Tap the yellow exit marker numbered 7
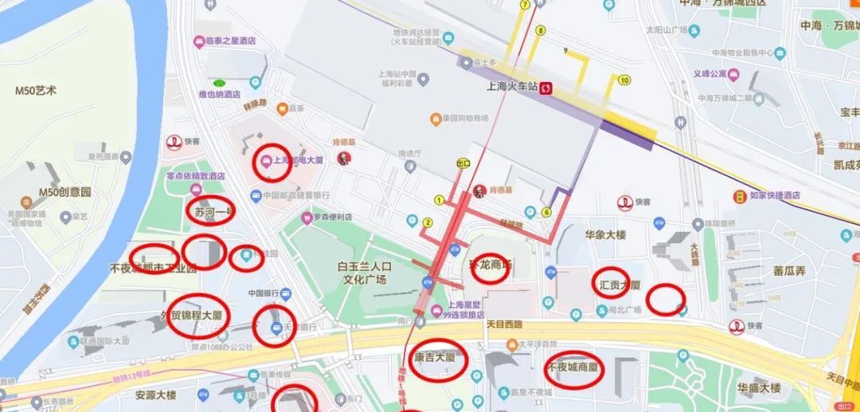click(x=525, y=5)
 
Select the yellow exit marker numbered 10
click(x=624, y=80)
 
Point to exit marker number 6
click(x=546, y=212)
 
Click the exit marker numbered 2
click(x=428, y=223)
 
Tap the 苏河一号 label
click(x=210, y=211)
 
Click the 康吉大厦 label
click(x=435, y=358)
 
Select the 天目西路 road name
click(x=502, y=324)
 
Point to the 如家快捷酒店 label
click(x=768, y=195)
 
